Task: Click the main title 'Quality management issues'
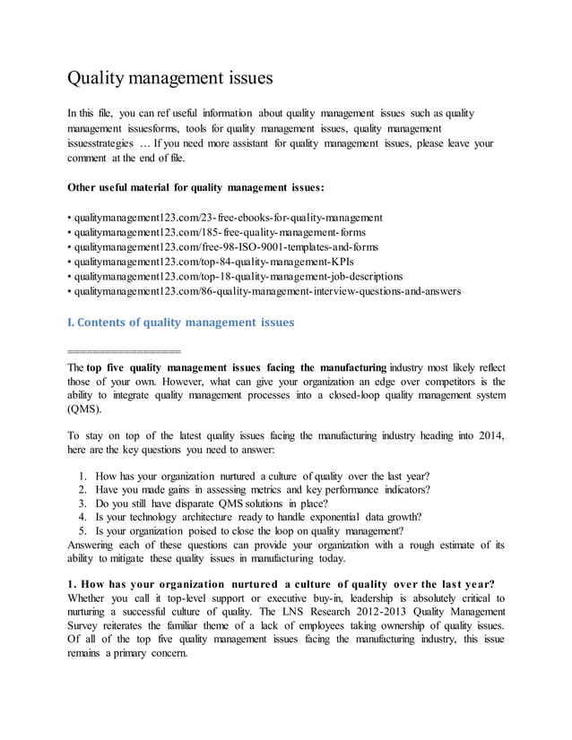pyautogui.click(x=170, y=79)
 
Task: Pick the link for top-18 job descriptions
pyautogui.click(x=238, y=276)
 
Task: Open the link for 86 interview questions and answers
pyautogui.click(x=267, y=291)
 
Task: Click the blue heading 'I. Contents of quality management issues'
pyautogui.click(x=180, y=322)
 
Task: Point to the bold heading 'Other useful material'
pyautogui.click(x=196, y=188)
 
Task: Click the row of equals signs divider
pyautogui.click(x=124, y=350)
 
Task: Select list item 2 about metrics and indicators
pyautogui.click(x=263, y=488)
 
